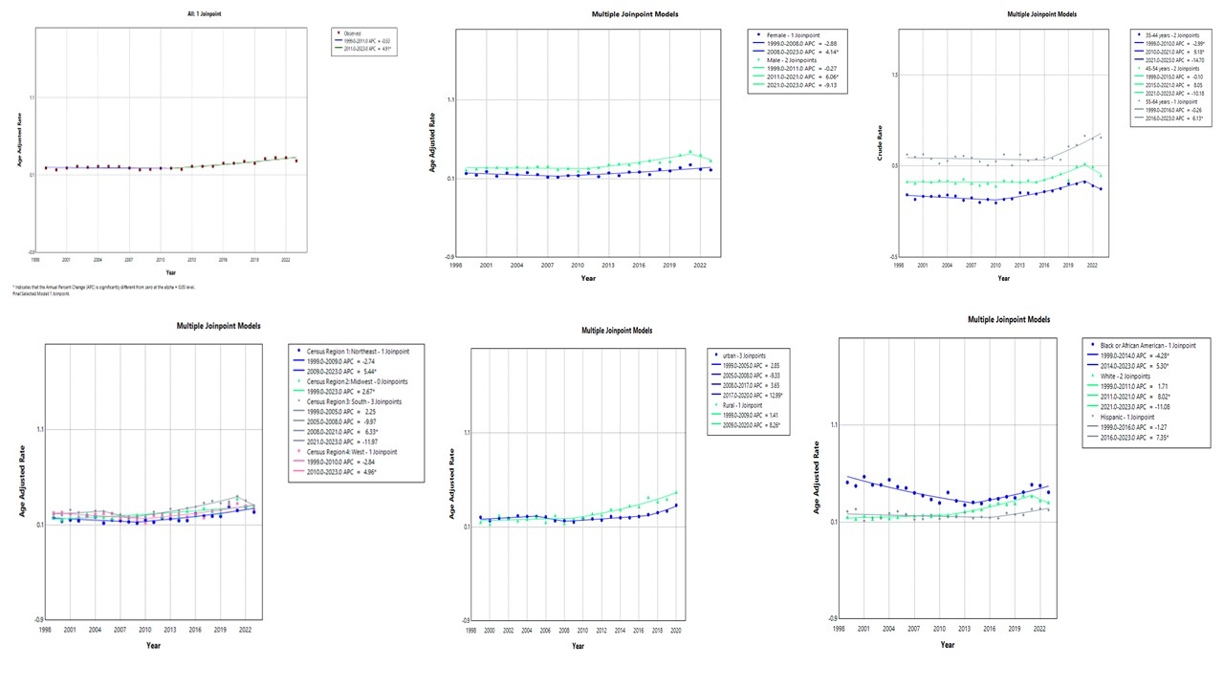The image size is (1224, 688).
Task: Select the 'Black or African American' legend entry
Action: pos(1147,344)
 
